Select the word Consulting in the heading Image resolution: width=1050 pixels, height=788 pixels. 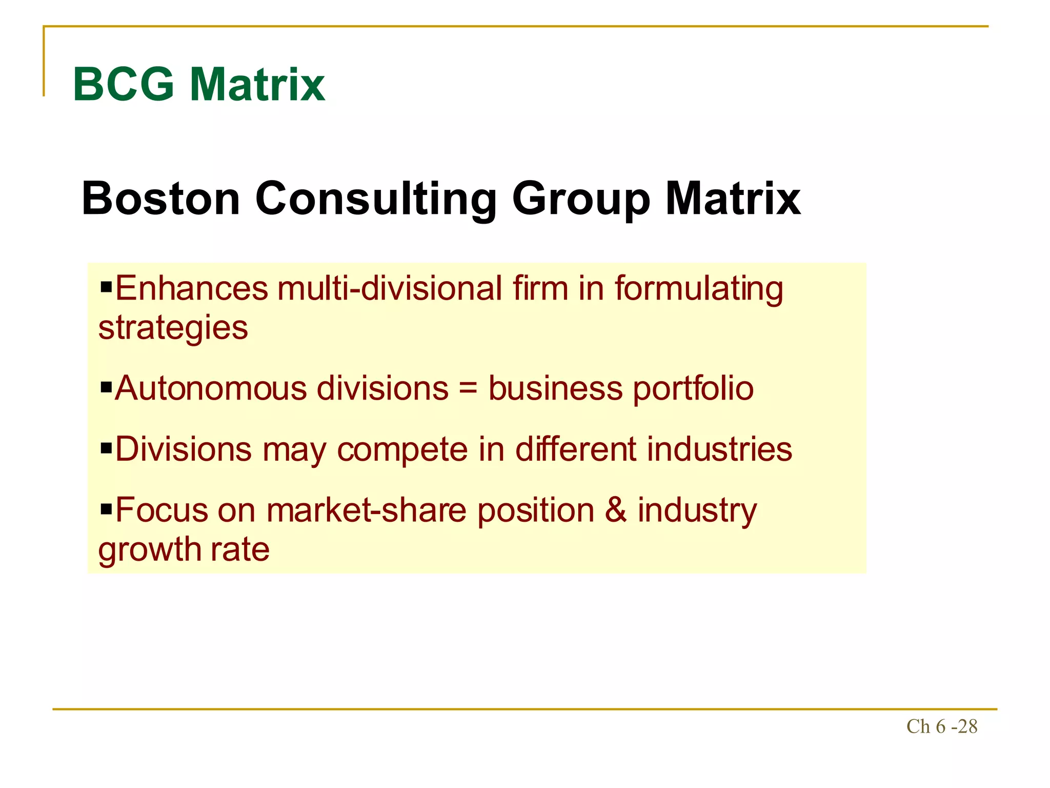click(376, 199)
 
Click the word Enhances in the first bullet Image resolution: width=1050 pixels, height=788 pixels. click(192, 288)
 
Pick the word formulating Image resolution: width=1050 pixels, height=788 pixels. click(699, 289)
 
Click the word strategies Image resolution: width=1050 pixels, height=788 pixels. click(173, 328)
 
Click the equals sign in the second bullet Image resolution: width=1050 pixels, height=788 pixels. click(468, 389)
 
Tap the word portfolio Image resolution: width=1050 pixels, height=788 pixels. click(693, 389)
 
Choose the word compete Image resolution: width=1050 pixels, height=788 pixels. click(402, 450)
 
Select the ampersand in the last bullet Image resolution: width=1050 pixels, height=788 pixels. click(615, 510)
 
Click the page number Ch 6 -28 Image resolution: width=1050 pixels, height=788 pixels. click(942, 726)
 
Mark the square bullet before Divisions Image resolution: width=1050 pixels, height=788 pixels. click(106, 449)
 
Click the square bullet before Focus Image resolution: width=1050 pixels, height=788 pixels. click(106, 509)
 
